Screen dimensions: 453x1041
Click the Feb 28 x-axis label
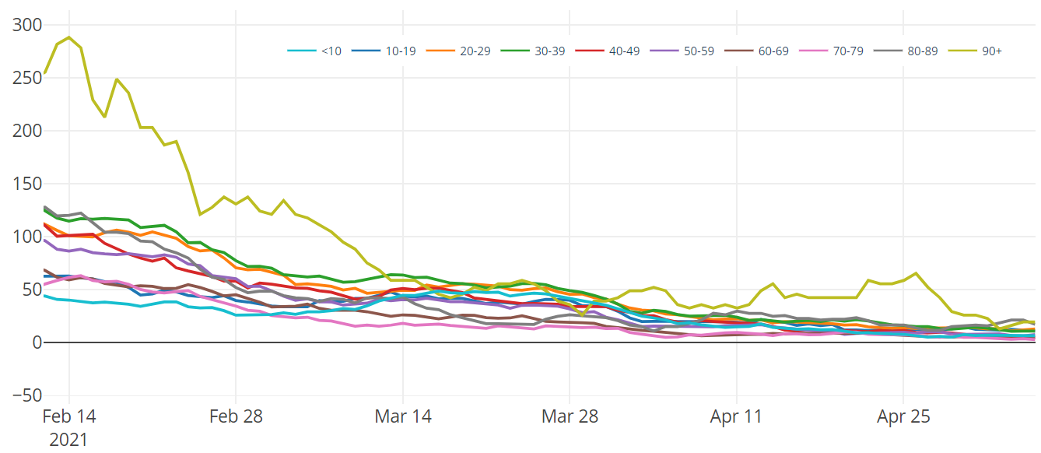point(236,416)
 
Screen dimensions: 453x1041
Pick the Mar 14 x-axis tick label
point(402,416)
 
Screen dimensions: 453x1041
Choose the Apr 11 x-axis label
point(736,416)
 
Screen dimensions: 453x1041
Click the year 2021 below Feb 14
point(68,440)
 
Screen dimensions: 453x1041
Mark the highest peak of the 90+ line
point(69,37)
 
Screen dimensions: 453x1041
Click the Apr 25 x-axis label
point(903,416)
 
